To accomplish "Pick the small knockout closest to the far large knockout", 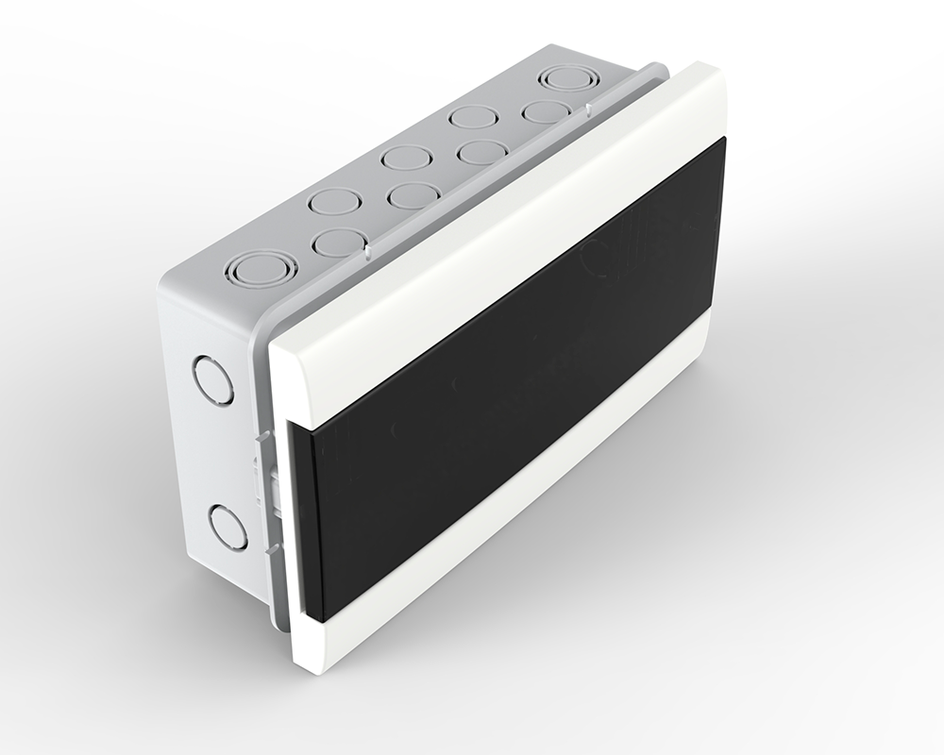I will [546, 111].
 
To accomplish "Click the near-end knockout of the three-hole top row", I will [335, 201].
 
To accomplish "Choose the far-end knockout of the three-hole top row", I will [473, 118].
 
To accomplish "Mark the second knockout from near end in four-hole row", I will [410, 195].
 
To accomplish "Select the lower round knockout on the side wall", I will [228, 527].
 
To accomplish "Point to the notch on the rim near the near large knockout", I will [362, 253].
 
